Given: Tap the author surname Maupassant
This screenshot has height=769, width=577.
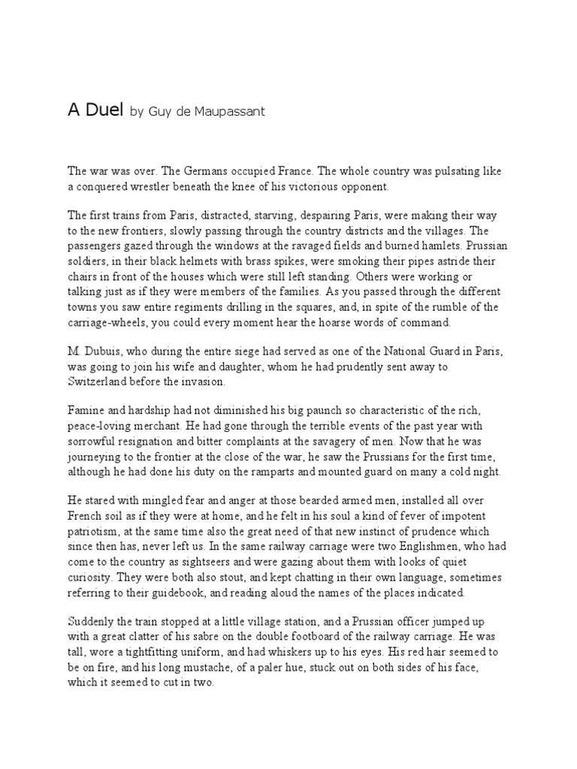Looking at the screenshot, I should pyautogui.click(x=231, y=113).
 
